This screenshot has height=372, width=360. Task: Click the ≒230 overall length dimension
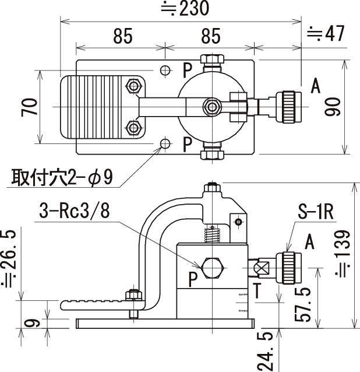(x=185, y=8)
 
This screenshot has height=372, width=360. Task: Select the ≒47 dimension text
(x=326, y=34)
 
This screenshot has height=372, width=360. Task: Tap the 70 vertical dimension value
(x=29, y=107)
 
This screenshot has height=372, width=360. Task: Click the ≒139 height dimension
(x=342, y=253)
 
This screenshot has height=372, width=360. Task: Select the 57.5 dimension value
(x=302, y=304)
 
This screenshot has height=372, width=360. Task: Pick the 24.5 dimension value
(x=264, y=352)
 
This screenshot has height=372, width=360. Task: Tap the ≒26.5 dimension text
(x=9, y=258)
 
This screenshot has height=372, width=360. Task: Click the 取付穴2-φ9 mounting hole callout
(x=62, y=177)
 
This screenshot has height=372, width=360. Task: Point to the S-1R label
(x=316, y=212)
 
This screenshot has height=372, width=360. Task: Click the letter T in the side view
(x=257, y=290)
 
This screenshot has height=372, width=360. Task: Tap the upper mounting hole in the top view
(x=165, y=70)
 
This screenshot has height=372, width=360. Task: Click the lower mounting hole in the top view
(x=165, y=143)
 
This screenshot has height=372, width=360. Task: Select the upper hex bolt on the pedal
(x=133, y=86)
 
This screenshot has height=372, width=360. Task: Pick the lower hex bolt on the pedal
(x=133, y=128)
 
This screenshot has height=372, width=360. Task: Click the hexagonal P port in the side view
(x=213, y=268)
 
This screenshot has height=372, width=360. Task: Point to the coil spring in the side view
(x=213, y=234)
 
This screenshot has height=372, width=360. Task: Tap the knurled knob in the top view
(x=289, y=107)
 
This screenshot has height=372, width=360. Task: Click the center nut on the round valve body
(x=212, y=107)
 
